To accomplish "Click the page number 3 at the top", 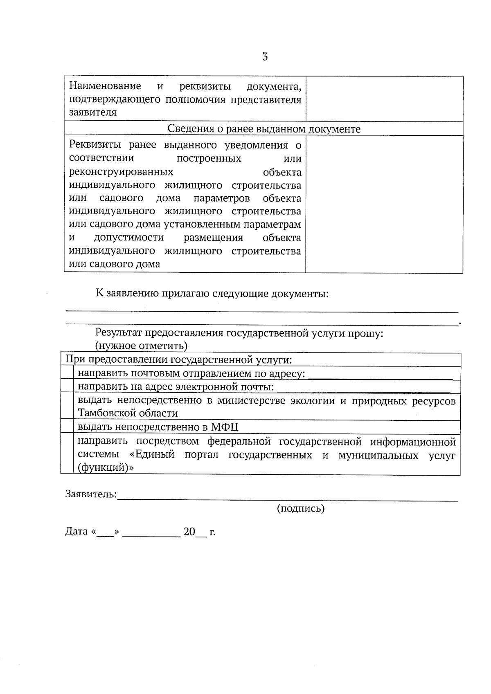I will [x=265, y=57].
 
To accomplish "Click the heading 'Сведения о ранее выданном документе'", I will [x=264, y=129].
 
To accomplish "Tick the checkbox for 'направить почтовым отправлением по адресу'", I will [x=67, y=373].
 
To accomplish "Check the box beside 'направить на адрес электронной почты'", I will [x=67, y=386].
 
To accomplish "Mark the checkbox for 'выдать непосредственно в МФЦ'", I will [x=67, y=427].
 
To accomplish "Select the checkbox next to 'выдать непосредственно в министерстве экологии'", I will [x=67, y=406].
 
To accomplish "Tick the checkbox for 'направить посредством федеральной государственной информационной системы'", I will [x=67, y=454].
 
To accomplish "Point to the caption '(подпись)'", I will [x=301, y=508].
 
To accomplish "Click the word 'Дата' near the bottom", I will [x=77, y=532].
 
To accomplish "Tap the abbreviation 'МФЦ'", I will [x=225, y=428].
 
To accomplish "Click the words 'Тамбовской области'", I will [x=128, y=413].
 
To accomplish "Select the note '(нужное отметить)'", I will [x=141, y=346].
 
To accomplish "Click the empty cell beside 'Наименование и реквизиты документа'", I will [x=384, y=99].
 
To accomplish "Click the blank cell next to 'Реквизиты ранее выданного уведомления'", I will [x=384, y=204].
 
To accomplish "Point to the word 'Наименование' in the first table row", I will [x=105, y=86].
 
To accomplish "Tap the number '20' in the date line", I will [x=189, y=532].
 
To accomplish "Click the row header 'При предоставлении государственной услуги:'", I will [x=179, y=360].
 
